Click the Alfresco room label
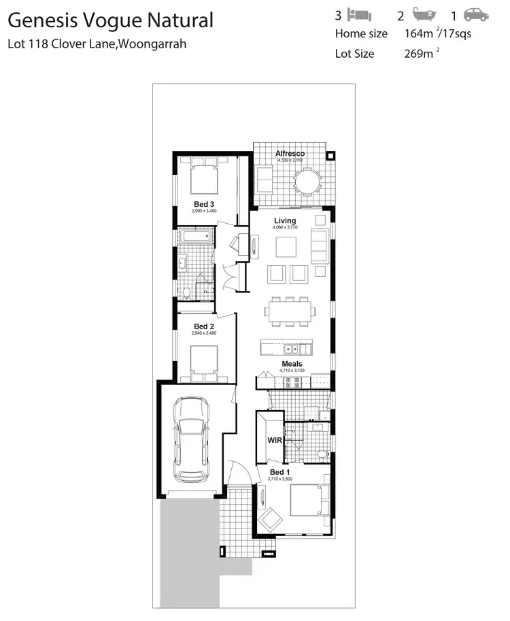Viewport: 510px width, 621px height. tap(290, 154)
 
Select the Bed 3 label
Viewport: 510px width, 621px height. tap(204, 204)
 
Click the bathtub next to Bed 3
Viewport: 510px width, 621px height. tap(196, 237)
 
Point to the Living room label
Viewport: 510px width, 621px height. tap(285, 221)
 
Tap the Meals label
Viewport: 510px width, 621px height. tap(292, 364)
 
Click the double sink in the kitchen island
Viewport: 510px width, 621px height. tap(293, 350)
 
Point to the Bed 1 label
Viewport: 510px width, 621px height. tap(279, 472)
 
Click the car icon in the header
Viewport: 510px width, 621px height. tap(475, 14)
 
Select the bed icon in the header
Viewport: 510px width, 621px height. tap(358, 14)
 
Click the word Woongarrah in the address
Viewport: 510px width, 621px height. tap(152, 44)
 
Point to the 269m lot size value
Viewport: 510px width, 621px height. tap(417, 54)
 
